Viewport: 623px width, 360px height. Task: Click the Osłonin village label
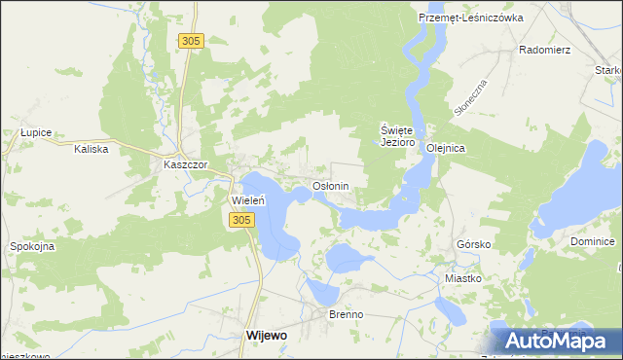(x=330, y=185)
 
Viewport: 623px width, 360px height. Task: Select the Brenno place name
(x=346, y=314)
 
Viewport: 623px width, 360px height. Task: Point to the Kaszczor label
(x=185, y=165)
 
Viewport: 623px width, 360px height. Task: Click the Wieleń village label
(x=247, y=200)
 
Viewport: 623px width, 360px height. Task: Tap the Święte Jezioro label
(x=397, y=135)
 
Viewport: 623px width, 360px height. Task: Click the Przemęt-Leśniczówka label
(x=470, y=18)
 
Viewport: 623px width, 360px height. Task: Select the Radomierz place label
(x=545, y=48)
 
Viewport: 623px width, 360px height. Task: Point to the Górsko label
(x=473, y=244)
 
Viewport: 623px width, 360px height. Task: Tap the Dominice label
(x=593, y=241)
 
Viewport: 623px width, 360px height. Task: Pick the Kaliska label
(x=95, y=149)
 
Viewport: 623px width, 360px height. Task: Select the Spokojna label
(x=32, y=246)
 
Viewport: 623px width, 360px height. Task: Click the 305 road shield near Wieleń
(x=242, y=221)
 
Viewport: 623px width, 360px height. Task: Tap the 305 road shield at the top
(x=191, y=40)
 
